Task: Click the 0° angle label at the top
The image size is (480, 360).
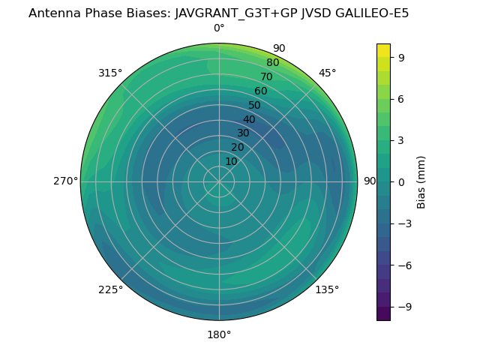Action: pyautogui.click(x=219, y=28)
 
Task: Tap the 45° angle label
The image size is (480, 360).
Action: pyautogui.click(x=328, y=73)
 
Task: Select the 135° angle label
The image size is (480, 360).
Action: pyautogui.click(x=327, y=289)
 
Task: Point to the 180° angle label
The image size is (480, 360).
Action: pyautogui.click(x=219, y=334)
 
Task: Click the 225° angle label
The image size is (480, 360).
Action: pyautogui.click(x=110, y=289)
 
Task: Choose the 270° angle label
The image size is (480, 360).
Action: pyautogui.click(x=66, y=181)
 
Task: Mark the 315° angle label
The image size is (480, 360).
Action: pyautogui.click(x=110, y=73)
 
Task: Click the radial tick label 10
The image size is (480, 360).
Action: pyautogui.click(x=231, y=161)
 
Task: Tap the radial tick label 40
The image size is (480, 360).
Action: pyautogui.click(x=249, y=119)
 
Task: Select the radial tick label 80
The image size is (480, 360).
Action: pyautogui.click(x=272, y=62)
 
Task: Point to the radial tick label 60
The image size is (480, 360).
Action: pyautogui.click(x=260, y=91)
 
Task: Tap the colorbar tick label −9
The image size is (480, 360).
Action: pyautogui.click(x=400, y=307)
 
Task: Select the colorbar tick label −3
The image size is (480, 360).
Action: pyautogui.click(x=400, y=223)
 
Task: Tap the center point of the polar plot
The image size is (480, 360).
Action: pyautogui.click(x=219, y=181)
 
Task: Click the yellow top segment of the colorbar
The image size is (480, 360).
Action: pyautogui.click(x=383, y=49)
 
